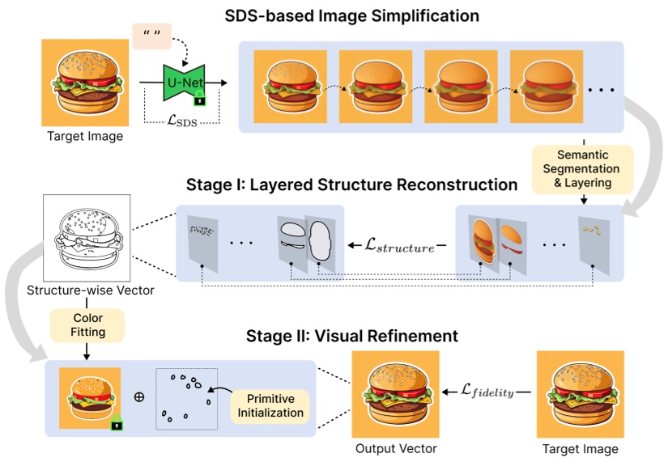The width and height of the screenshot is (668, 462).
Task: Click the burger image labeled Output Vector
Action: pyautogui.click(x=396, y=394)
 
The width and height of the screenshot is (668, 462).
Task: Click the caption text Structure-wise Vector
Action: pyautogui.click(x=86, y=290)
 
